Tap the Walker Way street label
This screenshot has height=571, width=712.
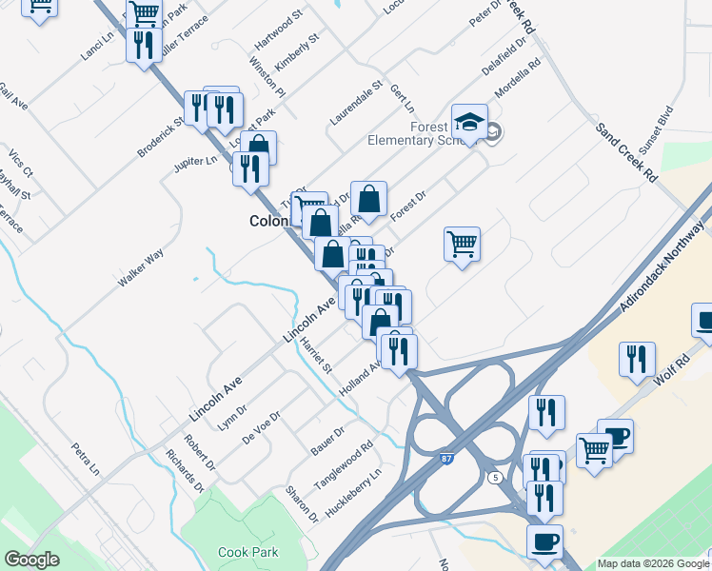click(x=141, y=267)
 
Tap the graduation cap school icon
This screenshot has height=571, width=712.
click(x=469, y=122)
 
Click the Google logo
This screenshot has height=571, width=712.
click(x=31, y=560)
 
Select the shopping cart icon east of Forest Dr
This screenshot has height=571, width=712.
click(x=462, y=244)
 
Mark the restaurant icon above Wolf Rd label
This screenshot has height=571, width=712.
click(x=636, y=359)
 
